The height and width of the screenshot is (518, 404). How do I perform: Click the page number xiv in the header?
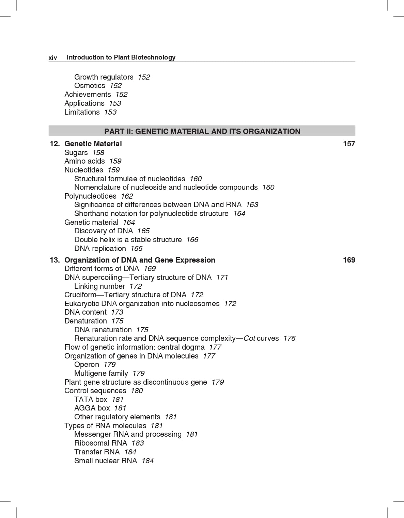click(x=53, y=58)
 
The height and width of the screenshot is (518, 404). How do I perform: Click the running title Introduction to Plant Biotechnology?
click(x=121, y=57)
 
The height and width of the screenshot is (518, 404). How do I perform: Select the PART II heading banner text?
click(x=202, y=131)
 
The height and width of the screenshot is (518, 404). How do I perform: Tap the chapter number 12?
click(x=55, y=144)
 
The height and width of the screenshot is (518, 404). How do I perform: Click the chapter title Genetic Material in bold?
click(x=93, y=144)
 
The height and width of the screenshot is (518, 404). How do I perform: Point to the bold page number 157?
click(x=349, y=144)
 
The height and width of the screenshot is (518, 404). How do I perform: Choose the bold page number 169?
click(x=349, y=260)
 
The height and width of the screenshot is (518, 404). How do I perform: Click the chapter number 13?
click(x=55, y=260)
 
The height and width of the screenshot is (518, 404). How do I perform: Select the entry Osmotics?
click(x=90, y=86)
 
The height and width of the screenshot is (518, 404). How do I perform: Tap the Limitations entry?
click(x=82, y=112)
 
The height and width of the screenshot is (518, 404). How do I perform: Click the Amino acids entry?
click(x=84, y=161)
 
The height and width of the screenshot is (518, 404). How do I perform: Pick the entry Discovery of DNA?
click(x=104, y=231)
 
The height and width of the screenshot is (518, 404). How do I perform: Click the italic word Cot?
click(x=249, y=338)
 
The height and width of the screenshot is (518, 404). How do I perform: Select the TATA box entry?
click(x=91, y=400)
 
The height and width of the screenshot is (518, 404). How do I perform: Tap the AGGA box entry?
click(x=92, y=408)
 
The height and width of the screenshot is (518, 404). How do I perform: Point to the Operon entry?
click(x=87, y=365)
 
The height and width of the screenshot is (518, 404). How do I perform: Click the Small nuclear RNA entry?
click(x=106, y=461)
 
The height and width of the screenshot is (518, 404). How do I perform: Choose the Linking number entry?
click(x=99, y=286)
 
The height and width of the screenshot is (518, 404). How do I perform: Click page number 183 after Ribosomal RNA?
click(x=138, y=443)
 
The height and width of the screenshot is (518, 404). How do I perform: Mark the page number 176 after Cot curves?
click(x=289, y=338)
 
